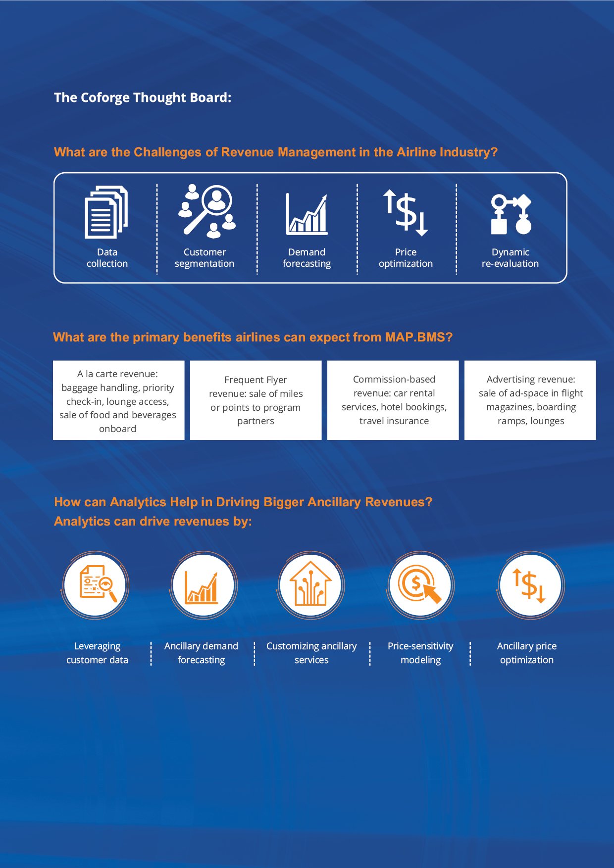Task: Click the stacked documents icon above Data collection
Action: (x=106, y=212)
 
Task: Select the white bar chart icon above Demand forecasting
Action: (x=307, y=214)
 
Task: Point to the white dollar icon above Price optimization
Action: (x=406, y=212)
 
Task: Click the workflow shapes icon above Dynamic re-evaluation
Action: (x=511, y=214)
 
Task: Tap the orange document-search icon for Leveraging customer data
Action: (x=98, y=584)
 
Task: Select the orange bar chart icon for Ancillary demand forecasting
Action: (x=202, y=588)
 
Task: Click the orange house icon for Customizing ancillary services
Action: (x=310, y=584)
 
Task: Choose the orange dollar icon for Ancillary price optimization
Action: (x=529, y=585)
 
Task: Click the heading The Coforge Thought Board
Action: (x=143, y=97)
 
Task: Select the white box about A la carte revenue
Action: (x=119, y=400)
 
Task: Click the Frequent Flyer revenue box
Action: (x=256, y=400)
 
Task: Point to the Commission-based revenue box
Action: (x=393, y=400)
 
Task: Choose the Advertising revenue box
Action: (x=530, y=400)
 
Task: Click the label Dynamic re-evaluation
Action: (x=511, y=258)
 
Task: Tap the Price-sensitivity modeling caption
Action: (x=420, y=653)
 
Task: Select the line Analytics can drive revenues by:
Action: (x=153, y=522)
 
